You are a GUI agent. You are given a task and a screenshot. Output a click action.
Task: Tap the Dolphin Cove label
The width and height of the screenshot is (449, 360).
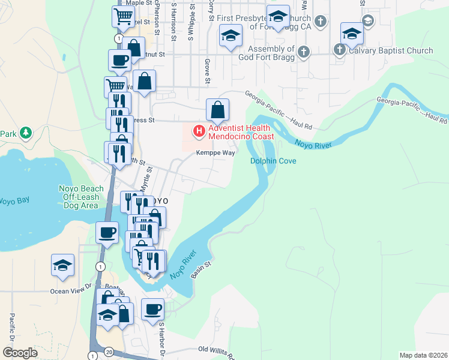coord(273,161)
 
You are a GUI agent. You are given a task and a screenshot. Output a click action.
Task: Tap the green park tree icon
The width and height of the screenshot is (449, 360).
coord(25,133)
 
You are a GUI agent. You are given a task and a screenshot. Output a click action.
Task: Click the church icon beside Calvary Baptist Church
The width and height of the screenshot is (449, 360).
coord(340,50)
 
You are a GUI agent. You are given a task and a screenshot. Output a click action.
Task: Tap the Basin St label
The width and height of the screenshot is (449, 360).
coord(202,268)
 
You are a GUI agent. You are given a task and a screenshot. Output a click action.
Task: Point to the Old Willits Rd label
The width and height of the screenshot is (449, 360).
coord(217,350)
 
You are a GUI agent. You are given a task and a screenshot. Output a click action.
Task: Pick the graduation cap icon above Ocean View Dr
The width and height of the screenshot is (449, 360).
coord(62,265)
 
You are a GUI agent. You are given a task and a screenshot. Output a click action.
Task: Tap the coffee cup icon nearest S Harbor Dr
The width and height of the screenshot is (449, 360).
coord(152,308)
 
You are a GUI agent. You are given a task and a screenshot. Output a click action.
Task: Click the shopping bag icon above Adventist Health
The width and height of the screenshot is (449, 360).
coord(218,109)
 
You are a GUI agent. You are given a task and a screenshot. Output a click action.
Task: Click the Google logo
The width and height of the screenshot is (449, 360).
coord(20,353)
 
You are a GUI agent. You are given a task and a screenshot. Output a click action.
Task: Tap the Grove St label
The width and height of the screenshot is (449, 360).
coord(207,71)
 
